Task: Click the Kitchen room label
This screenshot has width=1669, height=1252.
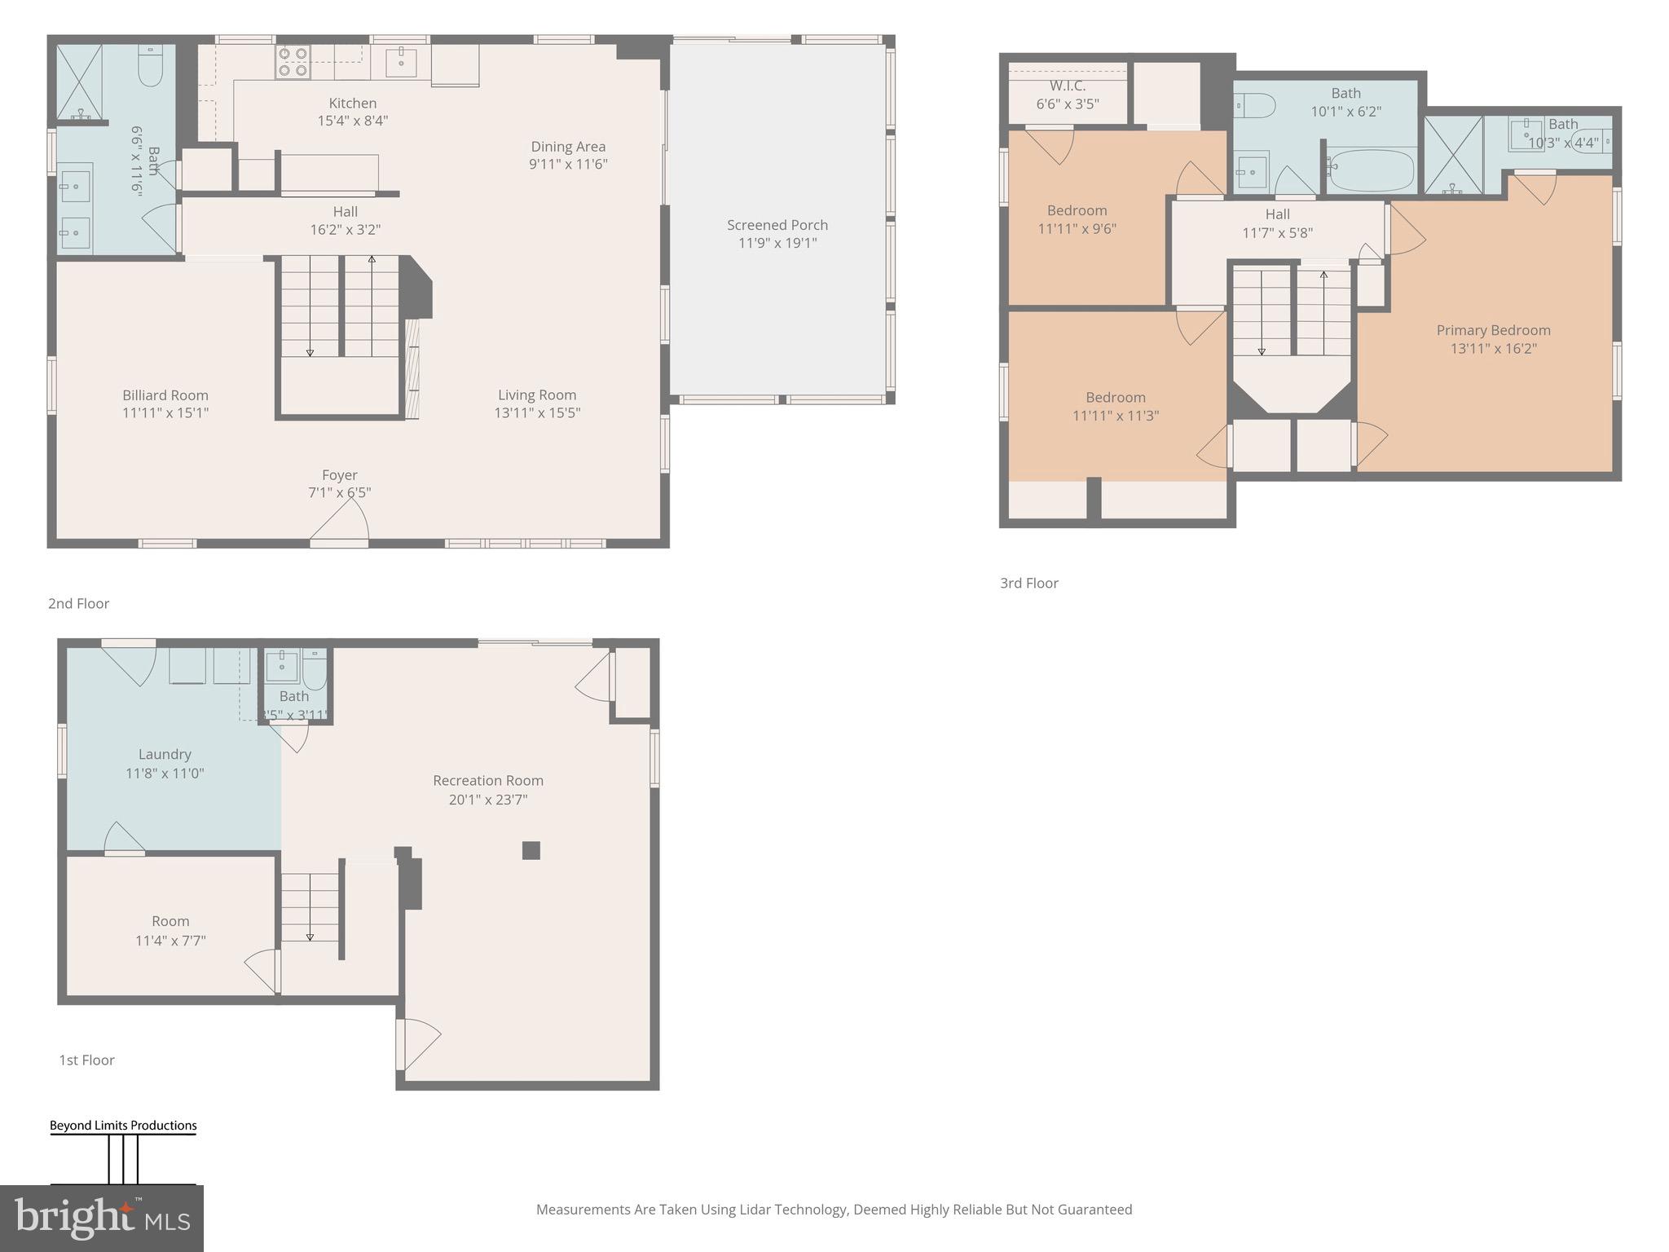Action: click(352, 104)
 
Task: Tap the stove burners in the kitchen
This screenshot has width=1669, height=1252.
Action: click(293, 62)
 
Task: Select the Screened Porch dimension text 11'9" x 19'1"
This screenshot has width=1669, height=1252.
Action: click(777, 243)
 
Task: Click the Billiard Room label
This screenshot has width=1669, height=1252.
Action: click(165, 395)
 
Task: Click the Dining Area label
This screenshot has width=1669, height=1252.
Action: click(568, 147)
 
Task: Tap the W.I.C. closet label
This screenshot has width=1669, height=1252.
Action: click(1067, 86)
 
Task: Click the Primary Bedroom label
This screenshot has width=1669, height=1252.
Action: click(1493, 330)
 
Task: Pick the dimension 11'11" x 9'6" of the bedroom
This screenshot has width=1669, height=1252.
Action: click(1077, 229)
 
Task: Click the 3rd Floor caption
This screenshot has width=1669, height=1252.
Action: click(1028, 583)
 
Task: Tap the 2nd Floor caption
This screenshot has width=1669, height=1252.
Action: click(78, 603)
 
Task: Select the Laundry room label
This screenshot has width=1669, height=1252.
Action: click(165, 755)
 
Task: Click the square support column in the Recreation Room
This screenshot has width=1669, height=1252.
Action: click(531, 850)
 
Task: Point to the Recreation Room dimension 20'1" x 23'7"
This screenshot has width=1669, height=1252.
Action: click(488, 800)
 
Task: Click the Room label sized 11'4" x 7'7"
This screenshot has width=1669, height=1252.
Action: click(170, 921)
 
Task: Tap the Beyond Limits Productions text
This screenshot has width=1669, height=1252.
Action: click(123, 1126)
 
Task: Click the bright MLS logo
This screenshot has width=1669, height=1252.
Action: click(101, 1218)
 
